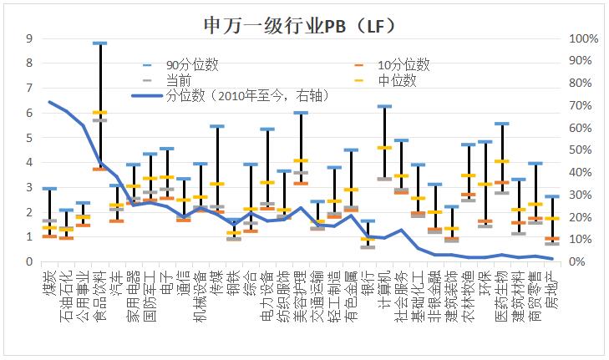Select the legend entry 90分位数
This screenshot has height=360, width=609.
click(191, 64)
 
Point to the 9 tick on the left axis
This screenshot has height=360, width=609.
click(30, 38)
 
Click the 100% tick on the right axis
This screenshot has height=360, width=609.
click(582, 38)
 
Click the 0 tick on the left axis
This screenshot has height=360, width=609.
click(30, 262)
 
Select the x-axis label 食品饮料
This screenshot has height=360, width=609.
click(99, 292)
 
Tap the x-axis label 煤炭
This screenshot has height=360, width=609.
click(49, 283)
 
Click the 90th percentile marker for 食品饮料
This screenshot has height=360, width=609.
click(99, 43)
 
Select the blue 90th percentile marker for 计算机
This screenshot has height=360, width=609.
click(384, 106)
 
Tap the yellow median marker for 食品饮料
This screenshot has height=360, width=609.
click(99, 113)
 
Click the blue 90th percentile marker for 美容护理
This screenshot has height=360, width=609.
click(301, 113)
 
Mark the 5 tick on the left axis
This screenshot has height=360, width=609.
click(30, 138)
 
